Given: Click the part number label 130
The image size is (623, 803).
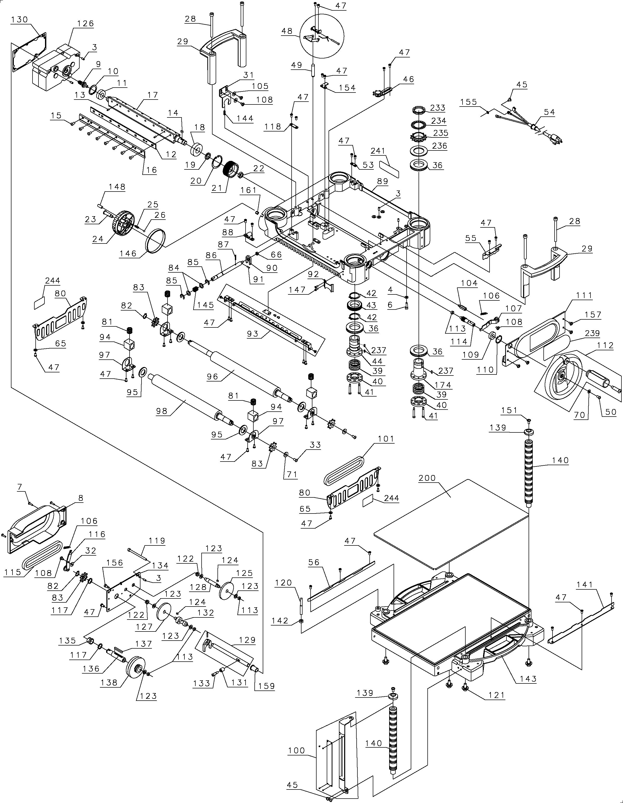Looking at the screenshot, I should click(x=20, y=19).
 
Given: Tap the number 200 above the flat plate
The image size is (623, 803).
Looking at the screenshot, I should click(x=427, y=478).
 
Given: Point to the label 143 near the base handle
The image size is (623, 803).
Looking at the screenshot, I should click(x=528, y=679).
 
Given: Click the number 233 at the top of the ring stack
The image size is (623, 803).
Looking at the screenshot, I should click(x=438, y=108).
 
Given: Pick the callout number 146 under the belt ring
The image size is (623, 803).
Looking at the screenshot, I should click(x=128, y=253).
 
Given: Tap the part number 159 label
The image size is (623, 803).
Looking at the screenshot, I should click(x=267, y=686).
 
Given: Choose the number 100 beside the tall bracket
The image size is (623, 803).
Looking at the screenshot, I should click(x=297, y=751).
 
